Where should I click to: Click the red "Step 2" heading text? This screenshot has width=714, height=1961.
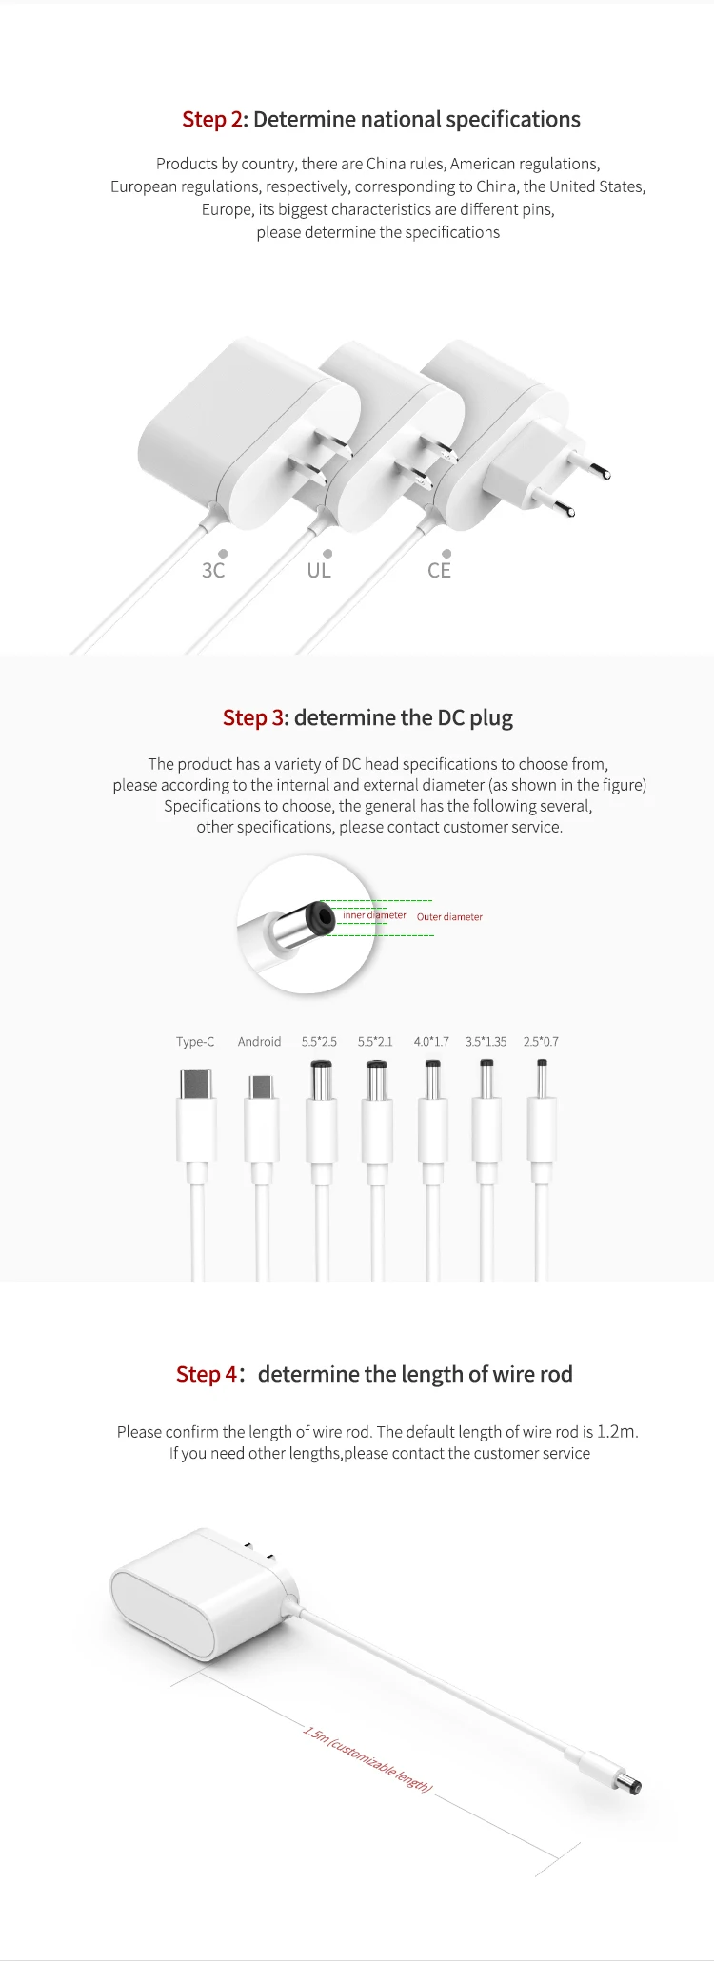pyautogui.click(x=213, y=120)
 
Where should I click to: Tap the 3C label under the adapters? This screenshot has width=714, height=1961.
pyautogui.click(x=213, y=570)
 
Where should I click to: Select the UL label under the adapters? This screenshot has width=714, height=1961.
pyautogui.click(x=319, y=570)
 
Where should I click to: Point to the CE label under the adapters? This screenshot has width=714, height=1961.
pyautogui.click(x=439, y=570)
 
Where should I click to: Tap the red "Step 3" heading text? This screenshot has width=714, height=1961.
pyautogui.click(x=253, y=717)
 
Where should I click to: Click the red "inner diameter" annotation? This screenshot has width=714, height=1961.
pyautogui.click(x=374, y=915)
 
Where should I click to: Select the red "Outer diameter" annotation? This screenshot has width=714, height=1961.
pyautogui.click(x=449, y=917)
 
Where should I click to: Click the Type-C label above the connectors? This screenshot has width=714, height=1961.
pyautogui.click(x=195, y=1042)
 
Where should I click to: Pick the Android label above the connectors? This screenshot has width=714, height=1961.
pyautogui.click(x=259, y=1042)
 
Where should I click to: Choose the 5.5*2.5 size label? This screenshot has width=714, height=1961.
pyautogui.click(x=319, y=1042)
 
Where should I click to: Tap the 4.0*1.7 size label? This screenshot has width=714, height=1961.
pyautogui.click(x=431, y=1042)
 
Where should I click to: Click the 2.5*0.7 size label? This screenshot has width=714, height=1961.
pyautogui.click(x=541, y=1042)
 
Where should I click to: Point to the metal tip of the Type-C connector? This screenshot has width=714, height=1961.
pyautogui.click(x=196, y=1084)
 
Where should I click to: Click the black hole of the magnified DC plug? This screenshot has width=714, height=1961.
pyautogui.click(x=326, y=918)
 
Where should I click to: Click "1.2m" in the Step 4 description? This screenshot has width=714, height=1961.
pyautogui.click(x=615, y=1432)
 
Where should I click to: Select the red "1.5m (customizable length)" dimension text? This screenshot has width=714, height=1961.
pyautogui.click(x=368, y=1758)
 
